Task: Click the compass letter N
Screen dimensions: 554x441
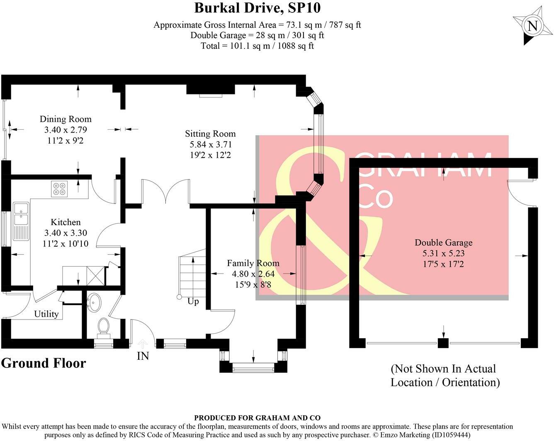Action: pos(532,26)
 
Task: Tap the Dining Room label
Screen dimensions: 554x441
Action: pos(66,119)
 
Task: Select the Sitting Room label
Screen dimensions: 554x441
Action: pos(210,134)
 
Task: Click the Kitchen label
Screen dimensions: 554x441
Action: pos(66,222)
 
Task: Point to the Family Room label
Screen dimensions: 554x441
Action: pos(253,263)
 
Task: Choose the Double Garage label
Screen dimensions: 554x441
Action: pos(444,242)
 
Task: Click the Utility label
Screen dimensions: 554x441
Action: pos(46,314)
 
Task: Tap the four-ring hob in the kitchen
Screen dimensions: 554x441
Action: pos(59,189)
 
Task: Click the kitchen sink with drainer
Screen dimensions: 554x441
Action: pos(21,221)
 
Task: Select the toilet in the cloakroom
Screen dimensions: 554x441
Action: pos(104,327)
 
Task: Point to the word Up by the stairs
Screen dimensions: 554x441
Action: pos(193,301)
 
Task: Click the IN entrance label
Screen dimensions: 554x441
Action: pos(143,356)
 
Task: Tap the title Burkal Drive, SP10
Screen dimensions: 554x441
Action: pos(258,8)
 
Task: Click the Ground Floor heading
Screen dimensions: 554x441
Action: pos(44,363)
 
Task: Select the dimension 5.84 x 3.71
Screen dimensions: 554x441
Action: pos(211,144)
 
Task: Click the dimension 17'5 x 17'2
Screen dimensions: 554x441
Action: pos(443,264)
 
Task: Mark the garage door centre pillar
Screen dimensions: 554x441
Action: pos(443,343)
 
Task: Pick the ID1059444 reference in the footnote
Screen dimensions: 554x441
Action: pos(450,435)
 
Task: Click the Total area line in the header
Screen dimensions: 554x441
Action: pos(257,46)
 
